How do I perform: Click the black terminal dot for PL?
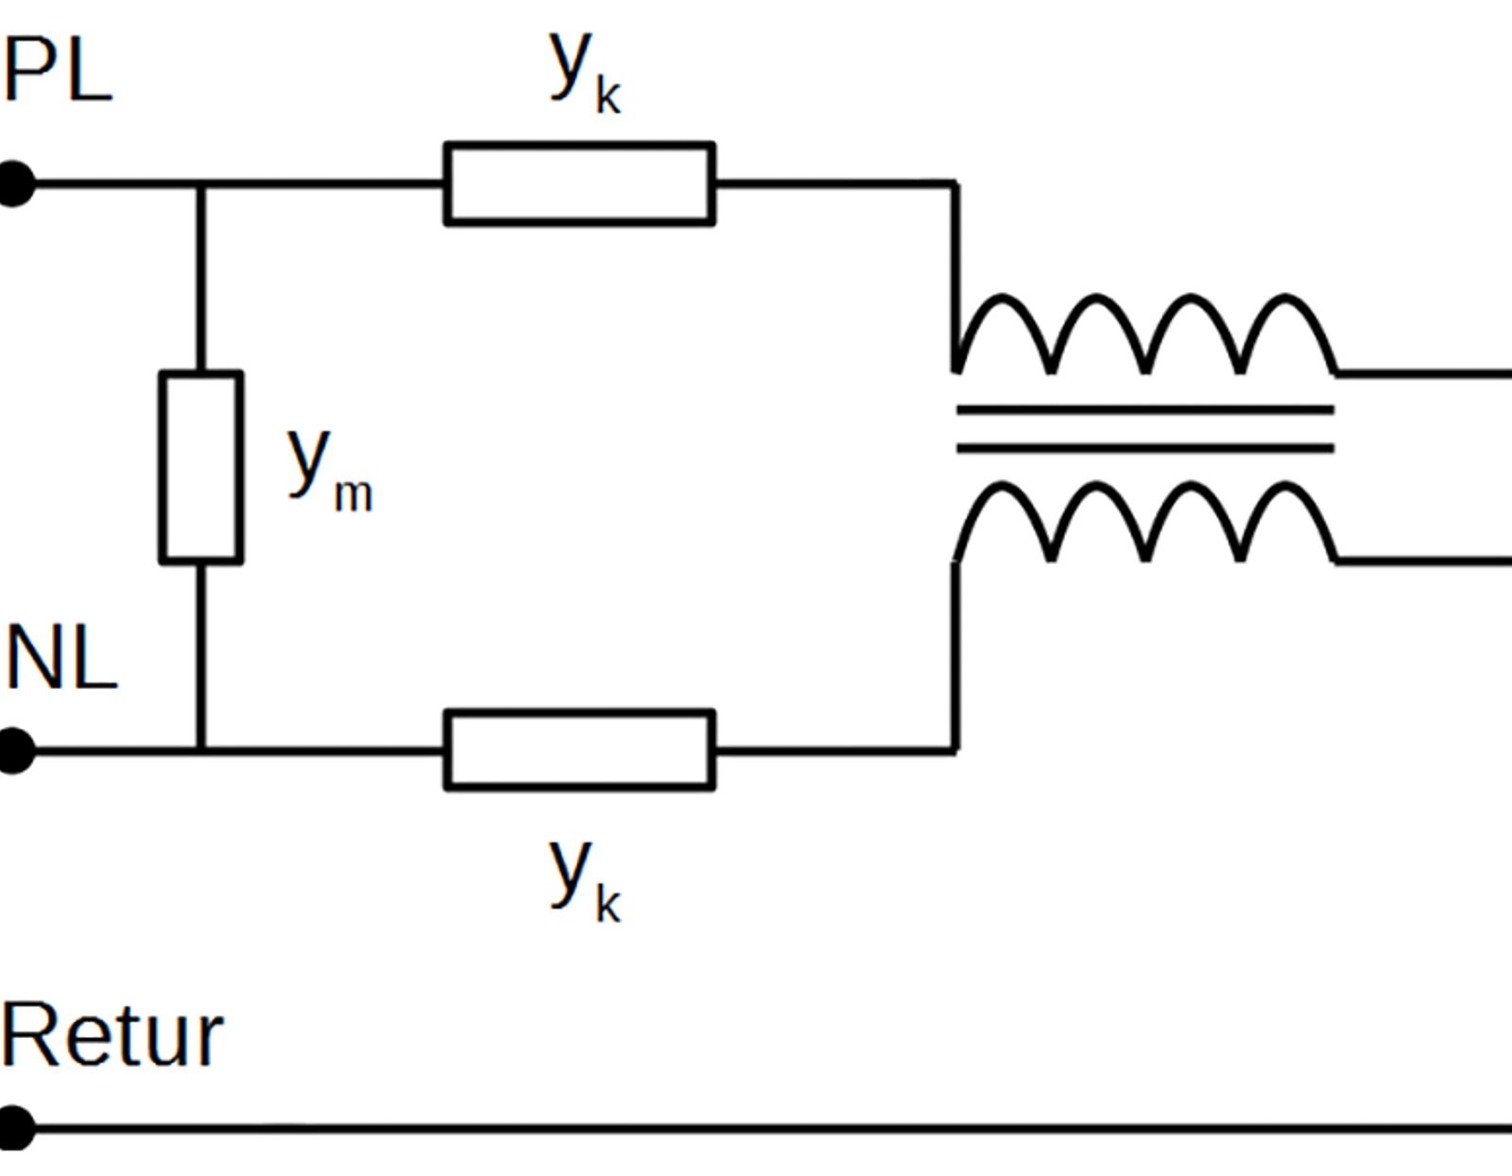(15, 184)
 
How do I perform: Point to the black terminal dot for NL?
(15, 751)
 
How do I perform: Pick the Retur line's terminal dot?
(15, 1128)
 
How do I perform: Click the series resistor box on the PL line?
(579, 183)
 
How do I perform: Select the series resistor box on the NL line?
(579, 751)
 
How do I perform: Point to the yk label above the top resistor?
(584, 73)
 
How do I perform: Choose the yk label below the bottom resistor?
(584, 881)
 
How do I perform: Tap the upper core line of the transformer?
(1145, 410)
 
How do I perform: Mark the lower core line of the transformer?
(1145, 449)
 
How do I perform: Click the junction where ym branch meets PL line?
(201, 184)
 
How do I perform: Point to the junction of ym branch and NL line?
(201, 751)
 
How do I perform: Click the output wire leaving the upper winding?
(1423, 374)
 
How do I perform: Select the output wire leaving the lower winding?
(1423, 561)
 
